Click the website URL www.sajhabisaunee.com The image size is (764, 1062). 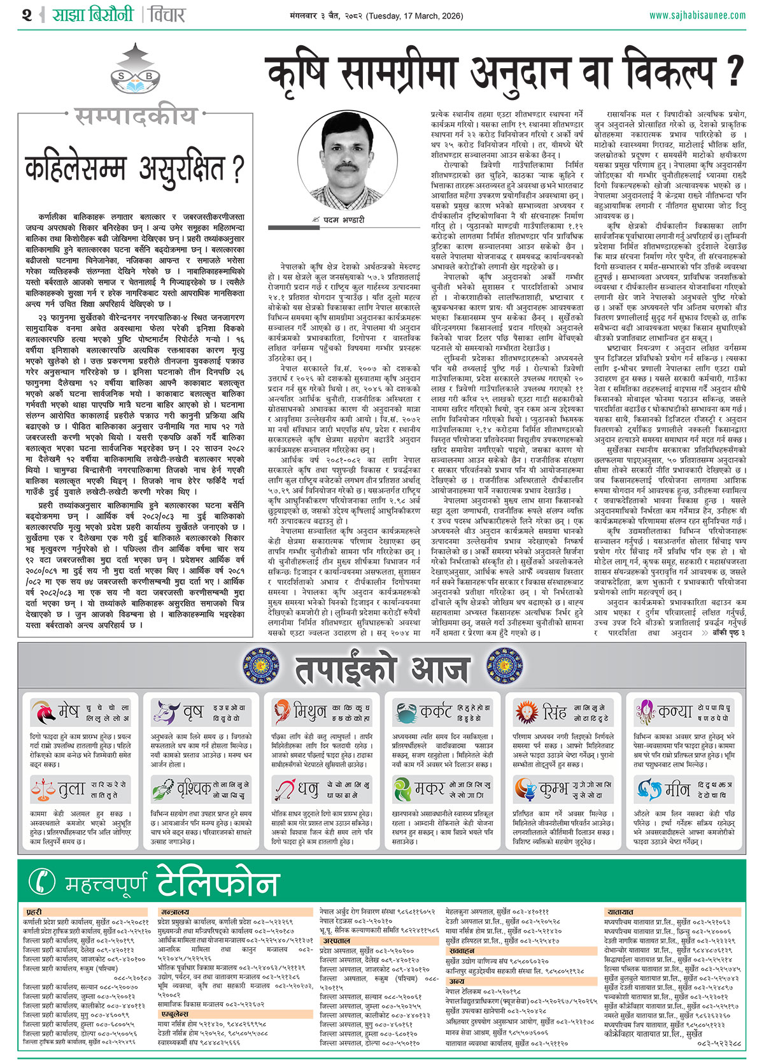click(x=697, y=15)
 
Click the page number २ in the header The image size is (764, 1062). click(x=26, y=15)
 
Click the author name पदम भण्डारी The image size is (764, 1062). click(x=344, y=219)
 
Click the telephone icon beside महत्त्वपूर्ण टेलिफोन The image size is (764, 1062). click(x=43, y=881)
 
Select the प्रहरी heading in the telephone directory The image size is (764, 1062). click(x=34, y=912)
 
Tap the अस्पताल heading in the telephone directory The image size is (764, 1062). click(x=336, y=940)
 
